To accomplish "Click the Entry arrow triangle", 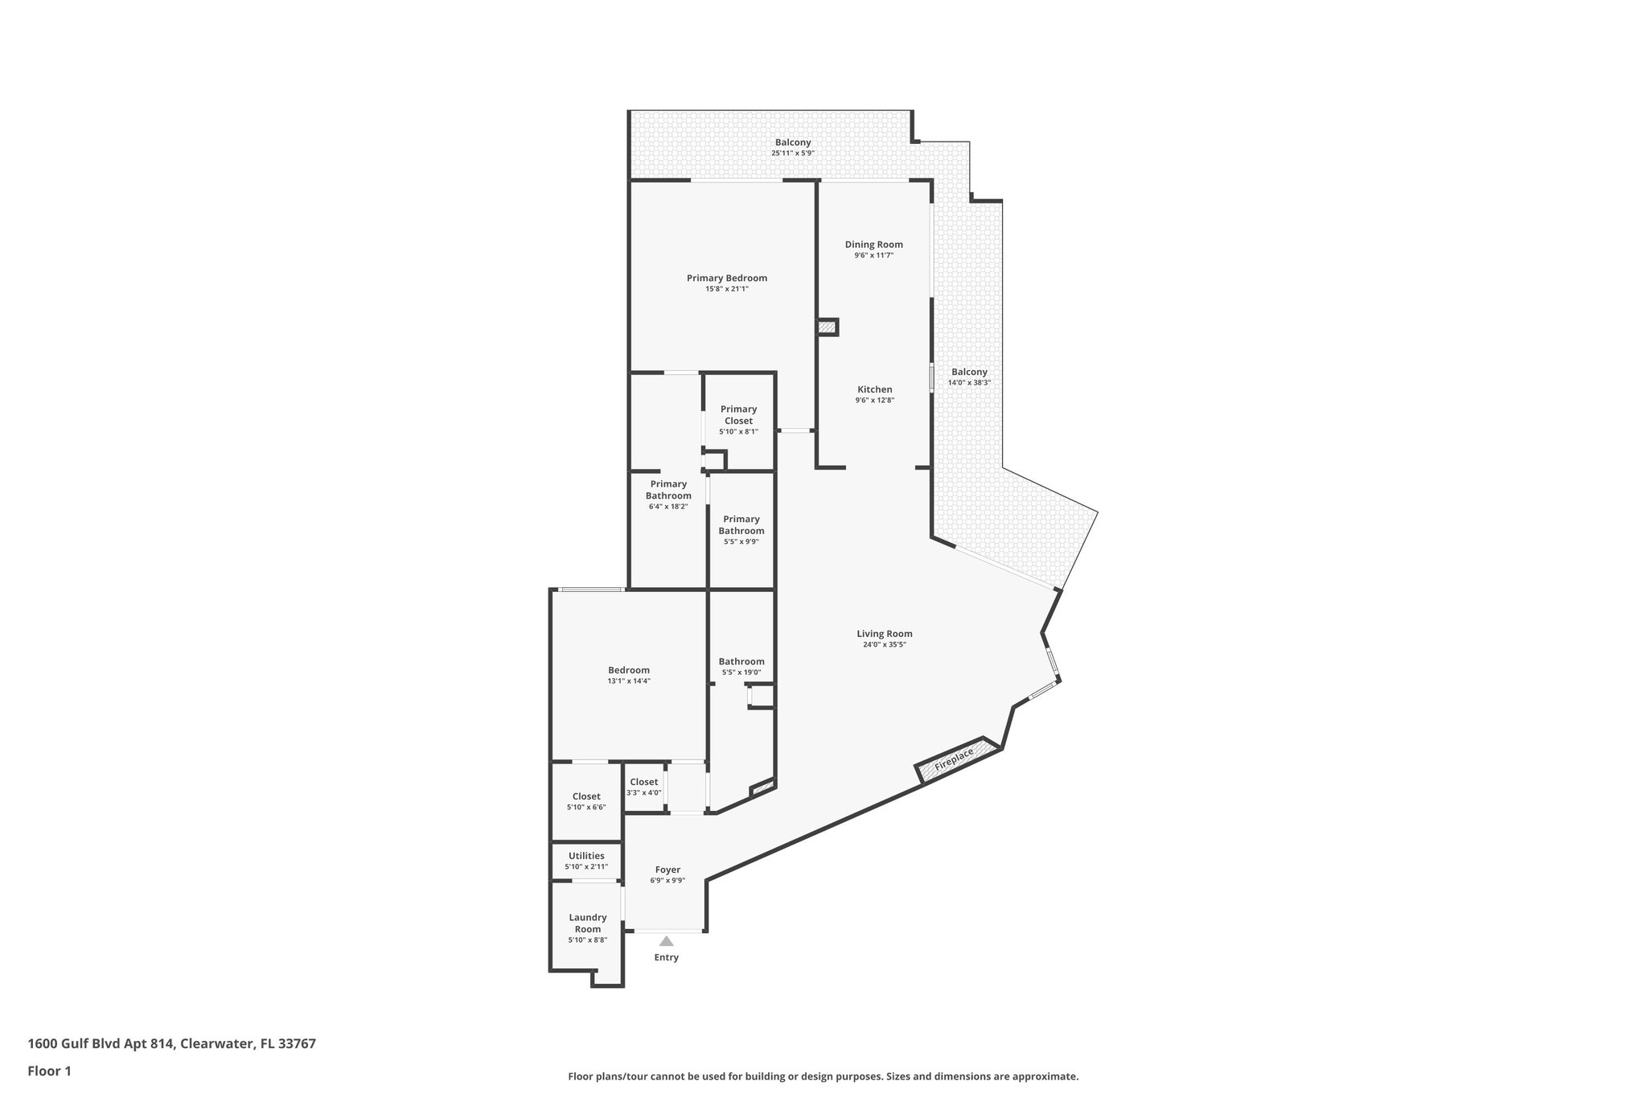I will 666,940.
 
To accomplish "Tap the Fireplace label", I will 954,759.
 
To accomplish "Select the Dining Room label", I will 873,245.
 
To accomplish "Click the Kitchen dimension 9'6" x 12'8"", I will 874,400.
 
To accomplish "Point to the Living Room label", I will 884,634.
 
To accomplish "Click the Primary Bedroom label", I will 726,278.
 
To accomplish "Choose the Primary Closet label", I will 738,415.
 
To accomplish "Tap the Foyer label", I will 667,870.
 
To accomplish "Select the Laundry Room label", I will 587,923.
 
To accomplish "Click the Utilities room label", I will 586,856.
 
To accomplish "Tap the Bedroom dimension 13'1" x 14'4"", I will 629,681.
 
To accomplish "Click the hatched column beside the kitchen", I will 827,327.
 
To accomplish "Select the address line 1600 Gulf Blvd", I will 171,1044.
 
